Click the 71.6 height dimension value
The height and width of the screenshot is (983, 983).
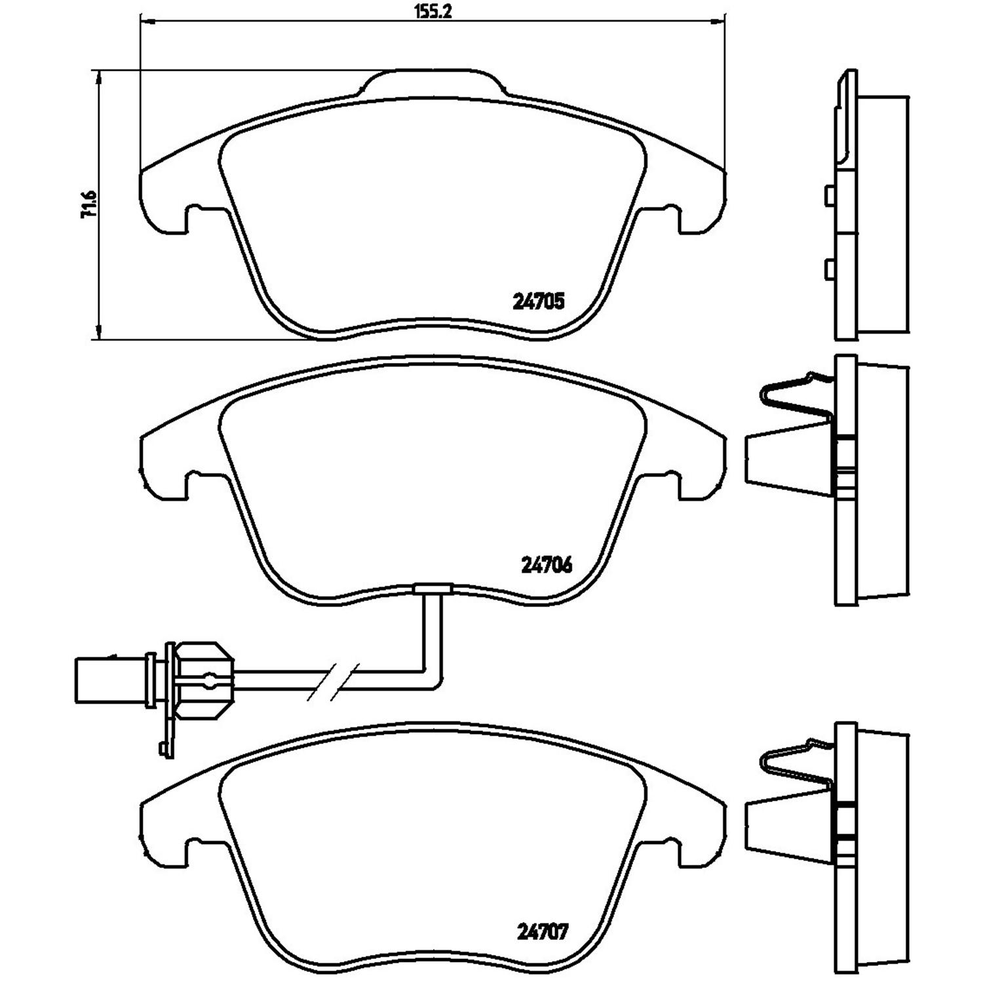[88, 204]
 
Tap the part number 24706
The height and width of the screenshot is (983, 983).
[547, 564]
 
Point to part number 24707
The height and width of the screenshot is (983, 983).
[543, 931]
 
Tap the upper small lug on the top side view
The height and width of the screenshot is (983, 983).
[829, 195]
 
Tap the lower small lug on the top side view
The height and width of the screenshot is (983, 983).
[829, 268]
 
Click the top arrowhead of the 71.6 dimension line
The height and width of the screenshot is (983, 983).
[98, 75]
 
